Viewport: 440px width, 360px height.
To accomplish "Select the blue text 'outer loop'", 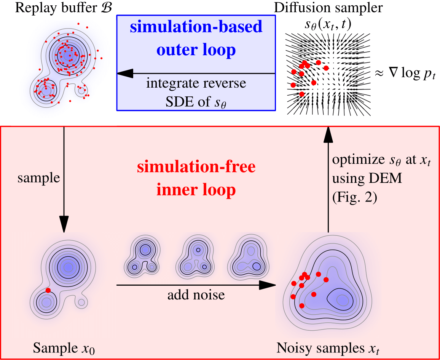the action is pos(196,50).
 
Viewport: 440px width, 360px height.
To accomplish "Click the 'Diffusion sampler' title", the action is pos(328,8).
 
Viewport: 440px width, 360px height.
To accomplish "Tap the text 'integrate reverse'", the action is pos(196,83).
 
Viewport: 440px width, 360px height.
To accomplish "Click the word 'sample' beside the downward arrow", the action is pos(39,178).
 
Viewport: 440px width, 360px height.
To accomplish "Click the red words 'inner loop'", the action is pos(196,190).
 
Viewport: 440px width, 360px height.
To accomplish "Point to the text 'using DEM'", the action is pos(367,179).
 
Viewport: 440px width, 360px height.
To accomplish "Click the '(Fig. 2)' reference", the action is pos(355,198).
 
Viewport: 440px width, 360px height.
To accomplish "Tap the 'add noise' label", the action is pos(196,295).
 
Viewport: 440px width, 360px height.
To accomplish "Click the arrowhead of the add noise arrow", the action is pos(268,285).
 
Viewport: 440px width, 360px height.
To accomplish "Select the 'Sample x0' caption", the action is pos(64,349).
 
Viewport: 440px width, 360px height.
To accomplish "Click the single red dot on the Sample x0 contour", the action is pos(48,290).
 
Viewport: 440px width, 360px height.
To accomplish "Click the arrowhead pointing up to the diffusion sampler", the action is pos(327,135).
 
